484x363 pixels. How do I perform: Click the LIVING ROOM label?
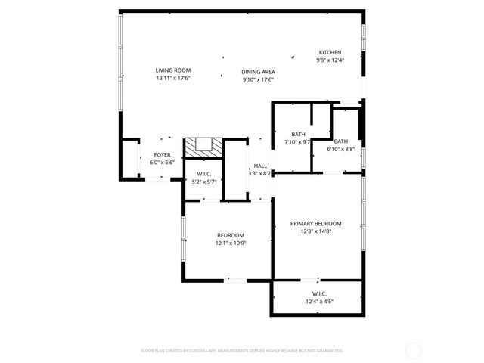point(172,70)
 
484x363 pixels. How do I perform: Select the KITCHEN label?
point(329,52)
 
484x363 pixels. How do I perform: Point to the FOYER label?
point(162,154)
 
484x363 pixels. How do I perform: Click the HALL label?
point(260,166)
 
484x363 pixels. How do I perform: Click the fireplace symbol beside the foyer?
point(204,146)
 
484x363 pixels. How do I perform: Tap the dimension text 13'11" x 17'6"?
point(172,78)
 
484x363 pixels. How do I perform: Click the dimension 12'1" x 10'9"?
point(231,244)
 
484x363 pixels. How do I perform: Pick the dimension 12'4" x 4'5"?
point(319,302)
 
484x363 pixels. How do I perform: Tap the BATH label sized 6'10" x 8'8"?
point(341,141)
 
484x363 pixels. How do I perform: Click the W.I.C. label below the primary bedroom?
point(319,293)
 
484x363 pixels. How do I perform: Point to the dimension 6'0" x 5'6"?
point(162,163)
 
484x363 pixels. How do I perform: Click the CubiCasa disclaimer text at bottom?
point(242,351)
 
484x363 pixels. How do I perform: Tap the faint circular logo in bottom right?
point(414,350)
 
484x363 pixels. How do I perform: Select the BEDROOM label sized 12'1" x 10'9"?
point(231,235)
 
